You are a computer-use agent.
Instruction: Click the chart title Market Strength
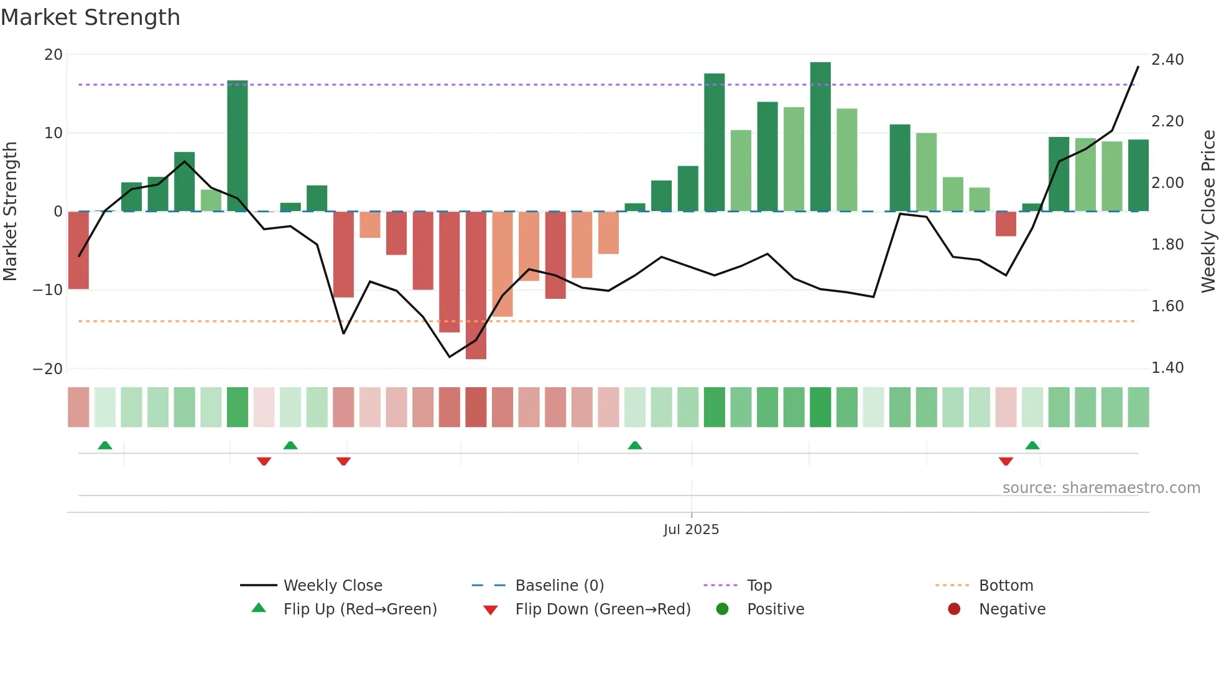90,17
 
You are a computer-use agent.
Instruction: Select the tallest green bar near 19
820,137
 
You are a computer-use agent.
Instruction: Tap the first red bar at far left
78,250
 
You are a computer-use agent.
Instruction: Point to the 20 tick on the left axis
53,55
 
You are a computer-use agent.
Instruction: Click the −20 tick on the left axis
48,369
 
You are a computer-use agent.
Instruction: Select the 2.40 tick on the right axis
1167,60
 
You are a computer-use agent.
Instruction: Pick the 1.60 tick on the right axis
1167,306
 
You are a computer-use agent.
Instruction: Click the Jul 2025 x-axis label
691,530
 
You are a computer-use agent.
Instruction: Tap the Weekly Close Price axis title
1208,212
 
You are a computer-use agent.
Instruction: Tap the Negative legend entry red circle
954,609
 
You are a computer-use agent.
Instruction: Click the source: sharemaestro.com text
1101,488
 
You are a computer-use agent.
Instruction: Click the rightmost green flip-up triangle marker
1032,446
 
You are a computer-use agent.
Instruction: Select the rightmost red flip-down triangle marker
1006,461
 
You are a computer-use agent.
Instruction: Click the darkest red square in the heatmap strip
476,407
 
